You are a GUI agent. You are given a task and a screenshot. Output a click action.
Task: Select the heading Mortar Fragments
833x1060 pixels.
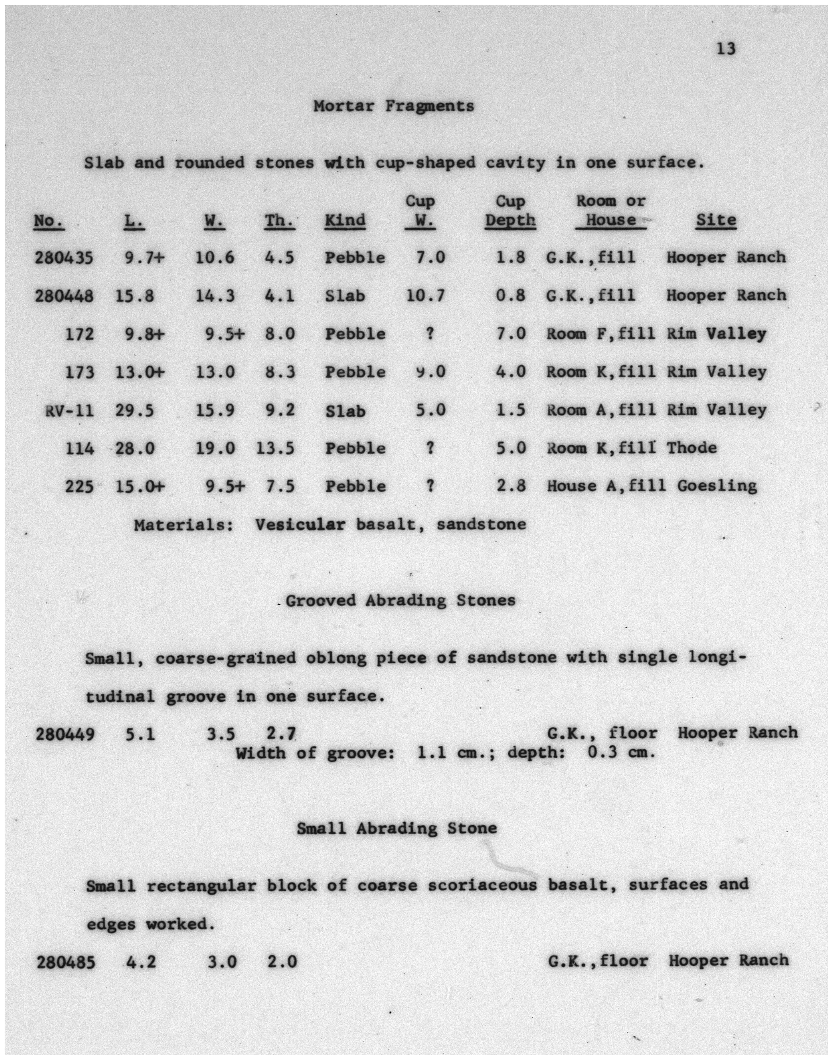point(394,106)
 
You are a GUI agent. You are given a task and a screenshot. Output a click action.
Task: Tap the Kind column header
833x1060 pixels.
point(345,220)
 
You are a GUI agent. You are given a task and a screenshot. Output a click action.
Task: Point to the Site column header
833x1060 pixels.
point(715,220)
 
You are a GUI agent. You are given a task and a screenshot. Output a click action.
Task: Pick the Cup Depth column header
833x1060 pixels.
point(510,211)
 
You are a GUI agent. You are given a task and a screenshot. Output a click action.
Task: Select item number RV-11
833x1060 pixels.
point(70,411)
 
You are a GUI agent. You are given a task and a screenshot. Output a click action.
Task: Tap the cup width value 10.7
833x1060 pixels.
point(425,295)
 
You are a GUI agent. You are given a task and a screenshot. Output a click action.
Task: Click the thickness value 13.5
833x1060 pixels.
point(276,448)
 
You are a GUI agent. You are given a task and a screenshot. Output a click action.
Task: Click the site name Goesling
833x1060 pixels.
point(717,486)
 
